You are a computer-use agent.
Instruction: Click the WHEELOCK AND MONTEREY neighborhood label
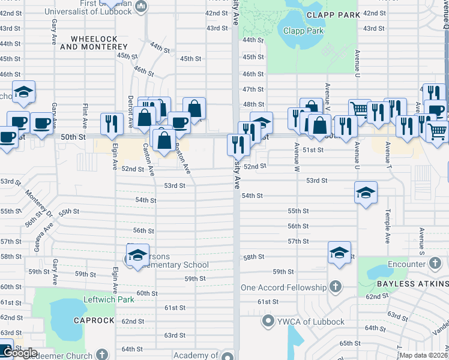(97, 43)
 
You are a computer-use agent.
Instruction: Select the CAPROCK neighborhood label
(94, 320)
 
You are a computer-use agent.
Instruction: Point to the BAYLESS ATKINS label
(412, 284)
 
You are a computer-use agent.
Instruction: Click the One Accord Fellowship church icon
(335, 287)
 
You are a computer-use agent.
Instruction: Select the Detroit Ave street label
(130, 111)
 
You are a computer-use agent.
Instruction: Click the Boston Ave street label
(182, 161)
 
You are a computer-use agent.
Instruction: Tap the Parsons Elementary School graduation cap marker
(137, 254)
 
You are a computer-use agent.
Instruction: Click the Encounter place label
(406, 264)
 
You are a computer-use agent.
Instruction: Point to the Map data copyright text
(424, 355)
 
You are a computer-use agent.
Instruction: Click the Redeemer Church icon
(103, 355)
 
